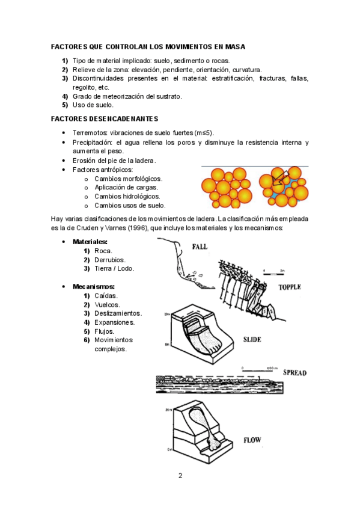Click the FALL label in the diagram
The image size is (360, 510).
200,247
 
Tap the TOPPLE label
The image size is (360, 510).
290,287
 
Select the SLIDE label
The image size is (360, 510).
252,340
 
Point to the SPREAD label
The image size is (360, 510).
294,373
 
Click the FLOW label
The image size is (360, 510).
252,440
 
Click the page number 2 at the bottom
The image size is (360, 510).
180,476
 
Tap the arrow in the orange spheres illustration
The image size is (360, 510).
280,179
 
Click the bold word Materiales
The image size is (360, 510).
90,242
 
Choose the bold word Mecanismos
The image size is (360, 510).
94,287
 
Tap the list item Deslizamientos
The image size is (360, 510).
118,313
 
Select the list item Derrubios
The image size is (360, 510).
110,260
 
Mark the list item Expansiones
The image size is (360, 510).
115,322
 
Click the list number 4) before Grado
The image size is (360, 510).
65,97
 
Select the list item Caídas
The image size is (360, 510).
106,296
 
